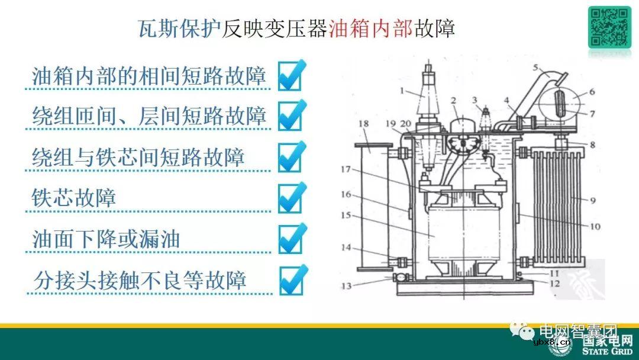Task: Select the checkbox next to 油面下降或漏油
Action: point(290,240)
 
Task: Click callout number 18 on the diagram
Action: point(364,124)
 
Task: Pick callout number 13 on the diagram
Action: point(346,287)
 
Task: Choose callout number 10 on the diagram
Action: point(593,226)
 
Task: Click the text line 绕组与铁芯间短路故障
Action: point(138,157)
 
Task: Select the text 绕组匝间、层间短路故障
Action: point(149,117)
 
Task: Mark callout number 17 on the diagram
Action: point(346,170)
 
